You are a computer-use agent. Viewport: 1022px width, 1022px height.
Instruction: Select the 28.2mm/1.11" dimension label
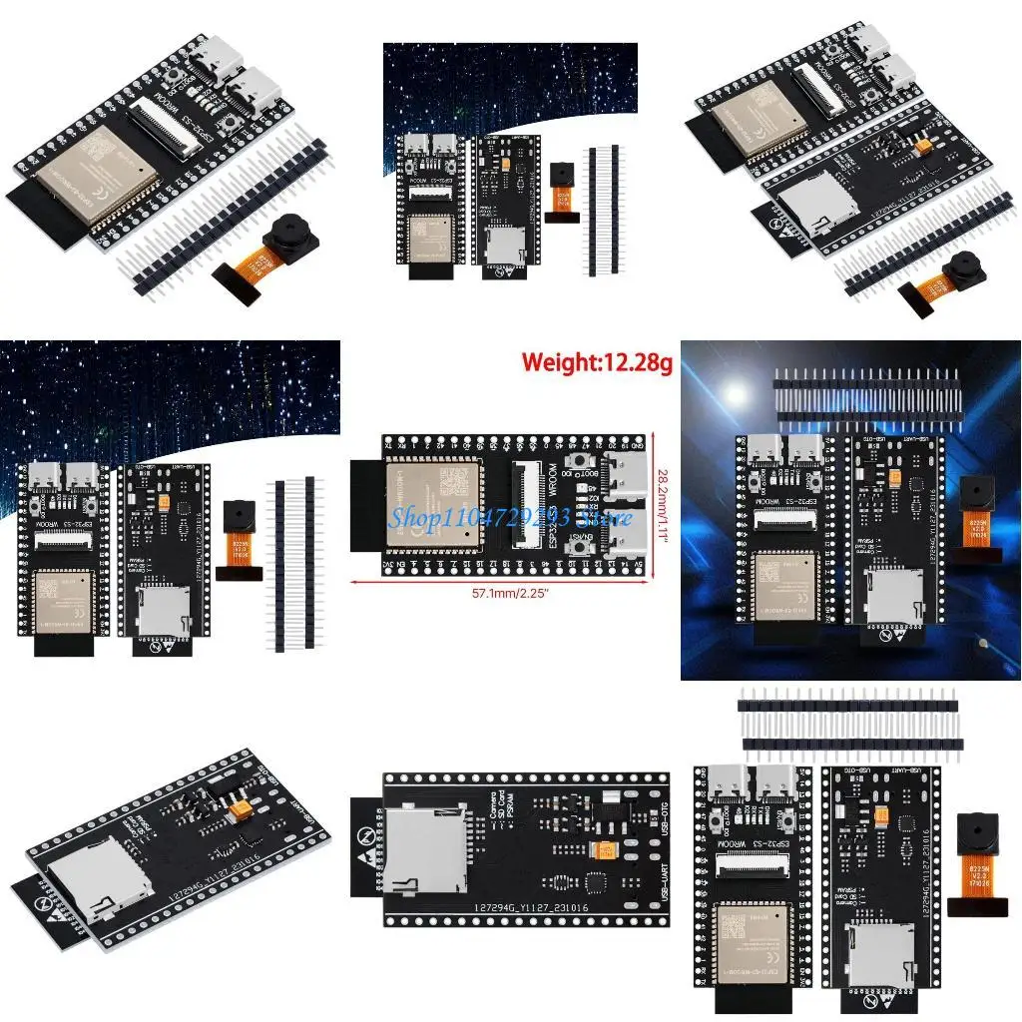tap(664, 508)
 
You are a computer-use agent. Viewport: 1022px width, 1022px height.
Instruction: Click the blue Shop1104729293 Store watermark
tap(510, 517)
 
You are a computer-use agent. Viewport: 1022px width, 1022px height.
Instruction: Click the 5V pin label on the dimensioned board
tap(639, 562)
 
